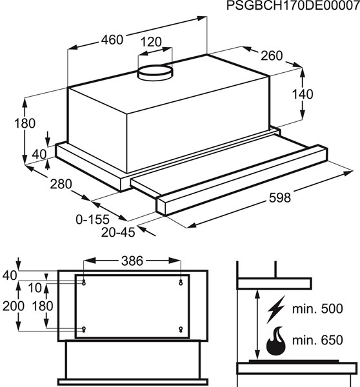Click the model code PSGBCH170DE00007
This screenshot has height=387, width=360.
[x=293, y=5]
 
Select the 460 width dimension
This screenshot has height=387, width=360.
[x=112, y=40]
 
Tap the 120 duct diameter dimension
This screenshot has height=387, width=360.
[x=151, y=42]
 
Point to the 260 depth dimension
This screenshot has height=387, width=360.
[x=272, y=55]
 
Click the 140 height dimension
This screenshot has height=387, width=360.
[x=303, y=94]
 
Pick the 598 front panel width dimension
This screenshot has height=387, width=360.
[x=280, y=198]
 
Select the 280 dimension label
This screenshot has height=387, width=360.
[x=61, y=184]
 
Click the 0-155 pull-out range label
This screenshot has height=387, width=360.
[x=92, y=219]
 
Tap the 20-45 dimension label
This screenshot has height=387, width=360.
[x=118, y=232]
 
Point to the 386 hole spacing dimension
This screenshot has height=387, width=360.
[x=132, y=261]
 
